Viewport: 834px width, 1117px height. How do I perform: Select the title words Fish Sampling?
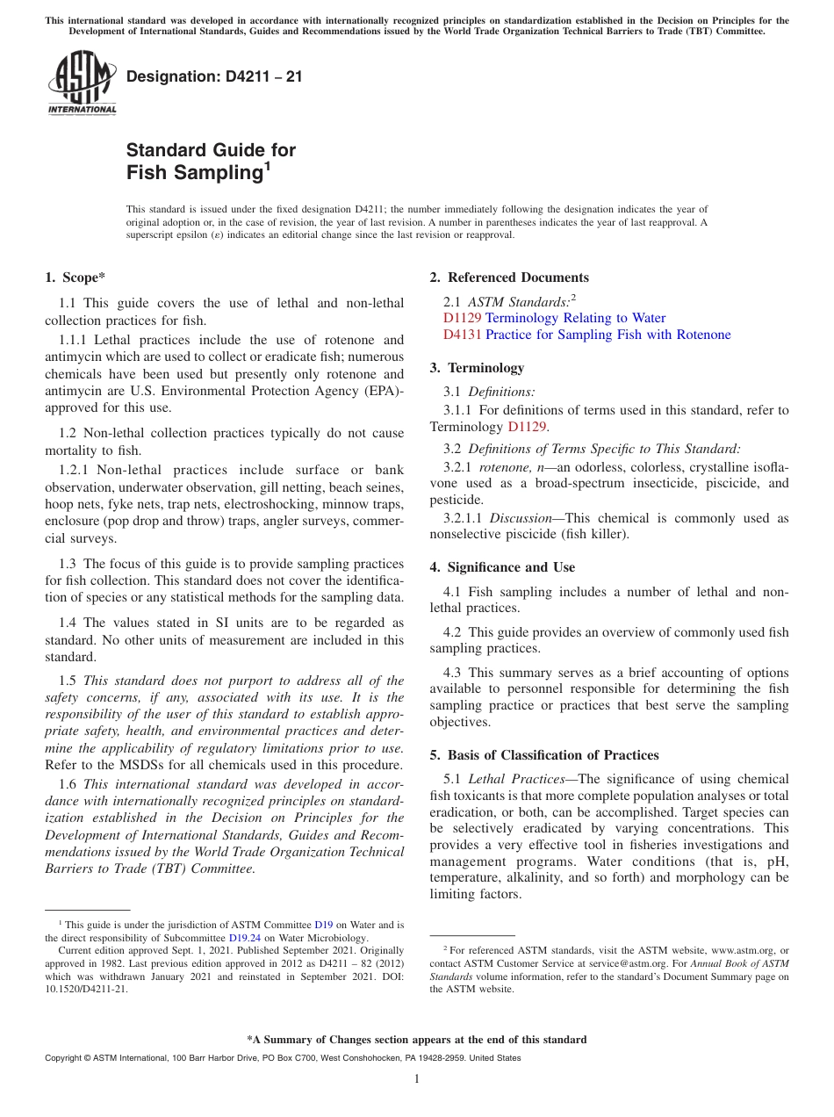tap(194, 172)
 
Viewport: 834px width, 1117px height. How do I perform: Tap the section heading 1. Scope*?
tap(75, 277)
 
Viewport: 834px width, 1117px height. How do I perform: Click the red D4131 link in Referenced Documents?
tap(462, 335)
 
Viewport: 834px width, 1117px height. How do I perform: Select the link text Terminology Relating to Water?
tap(575, 318)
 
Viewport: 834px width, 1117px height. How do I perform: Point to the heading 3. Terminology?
tap(477, 368)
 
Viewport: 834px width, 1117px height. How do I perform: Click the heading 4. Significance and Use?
tap(502, 567)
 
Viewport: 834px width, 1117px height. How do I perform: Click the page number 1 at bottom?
tap(417, 1079)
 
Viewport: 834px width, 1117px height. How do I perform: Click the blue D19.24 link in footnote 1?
tap(246, 937)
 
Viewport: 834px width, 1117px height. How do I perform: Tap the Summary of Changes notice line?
tap(416, 1040)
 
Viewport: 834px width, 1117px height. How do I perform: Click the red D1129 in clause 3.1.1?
tap(527, 427)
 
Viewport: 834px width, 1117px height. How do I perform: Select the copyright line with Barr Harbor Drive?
tap(282, 1058)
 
